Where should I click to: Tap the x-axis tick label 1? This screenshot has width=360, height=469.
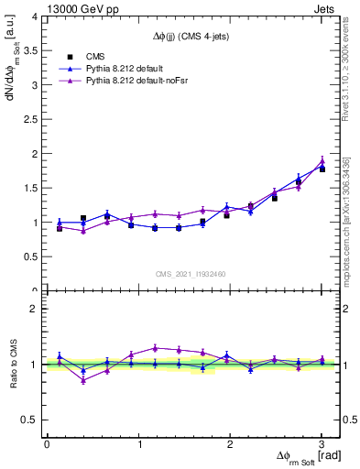tap(138, 444)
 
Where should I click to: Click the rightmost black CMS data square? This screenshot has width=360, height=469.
tap(322, 169)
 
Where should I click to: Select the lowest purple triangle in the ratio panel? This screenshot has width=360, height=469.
tap(83, 379)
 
